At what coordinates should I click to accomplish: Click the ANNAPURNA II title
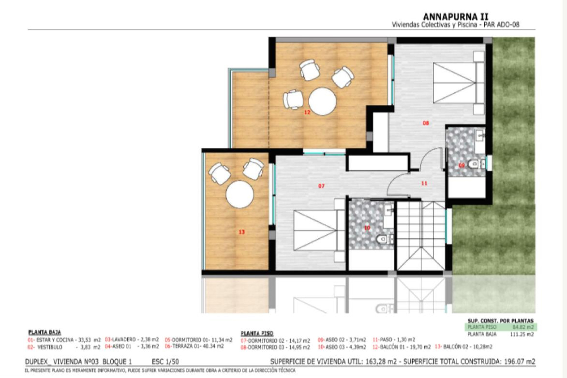[x=456, y=17]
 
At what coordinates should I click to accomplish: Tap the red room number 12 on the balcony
[x=307, y=112]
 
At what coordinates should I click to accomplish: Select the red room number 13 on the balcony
[x=242, y=232]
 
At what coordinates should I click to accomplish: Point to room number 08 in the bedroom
[x=426, y=123]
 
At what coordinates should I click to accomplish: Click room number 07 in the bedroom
[x=321, y=186]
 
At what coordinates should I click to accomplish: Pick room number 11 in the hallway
[x=424, y=183]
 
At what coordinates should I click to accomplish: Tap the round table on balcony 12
[x=322, y=101]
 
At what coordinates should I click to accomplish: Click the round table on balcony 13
[x=240, y=194]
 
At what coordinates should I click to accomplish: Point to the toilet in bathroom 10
[x=382, y=238]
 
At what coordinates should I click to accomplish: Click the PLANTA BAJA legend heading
[x=45, y=333]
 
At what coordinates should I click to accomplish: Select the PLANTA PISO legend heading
[x=257, y=333]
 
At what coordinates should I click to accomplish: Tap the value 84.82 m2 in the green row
[x=523, y=327]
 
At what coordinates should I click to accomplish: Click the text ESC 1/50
[x=165, y=361]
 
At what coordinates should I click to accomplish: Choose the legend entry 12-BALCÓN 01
[x=402, y=347]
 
